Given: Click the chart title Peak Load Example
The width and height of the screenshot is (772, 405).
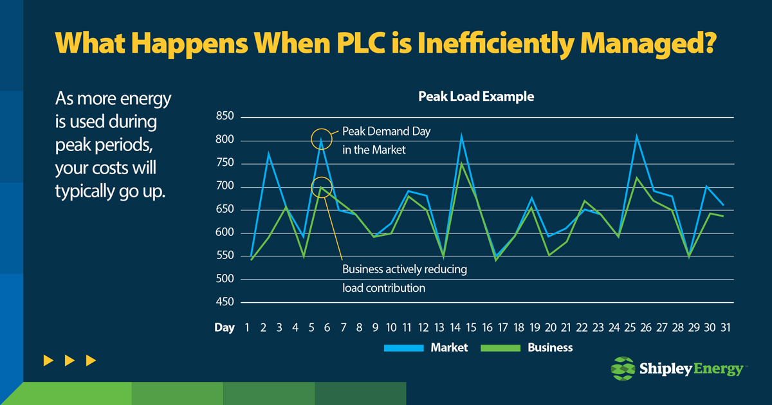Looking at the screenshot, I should pos(476,97).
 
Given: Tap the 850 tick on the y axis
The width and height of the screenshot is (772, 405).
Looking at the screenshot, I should pos(225,117).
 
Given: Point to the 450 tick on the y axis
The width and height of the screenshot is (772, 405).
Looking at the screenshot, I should pos(225,302).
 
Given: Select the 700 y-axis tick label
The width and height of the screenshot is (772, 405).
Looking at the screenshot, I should pos(225,187).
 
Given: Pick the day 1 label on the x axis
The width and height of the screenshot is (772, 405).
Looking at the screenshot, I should pos(246,328).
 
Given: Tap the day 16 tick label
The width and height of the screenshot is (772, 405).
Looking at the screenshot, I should pos(487,328).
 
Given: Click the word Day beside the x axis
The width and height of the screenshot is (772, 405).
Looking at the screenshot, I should pos(225,328).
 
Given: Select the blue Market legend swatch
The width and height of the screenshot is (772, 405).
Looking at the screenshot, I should pos(403,348).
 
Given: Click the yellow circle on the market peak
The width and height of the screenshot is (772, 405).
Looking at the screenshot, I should pos(321,138).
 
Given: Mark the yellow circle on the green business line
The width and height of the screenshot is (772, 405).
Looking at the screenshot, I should pos(321,188).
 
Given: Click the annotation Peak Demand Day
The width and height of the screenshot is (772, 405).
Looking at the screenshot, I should pos(386,131).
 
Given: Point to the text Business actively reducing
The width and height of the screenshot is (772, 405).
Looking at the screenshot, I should pos(404,269).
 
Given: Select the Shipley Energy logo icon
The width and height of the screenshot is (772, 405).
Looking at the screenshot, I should pos(621,369).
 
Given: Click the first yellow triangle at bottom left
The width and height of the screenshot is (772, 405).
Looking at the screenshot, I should pos(48,361).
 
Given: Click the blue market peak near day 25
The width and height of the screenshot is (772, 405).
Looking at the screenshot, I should pos(636,136).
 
